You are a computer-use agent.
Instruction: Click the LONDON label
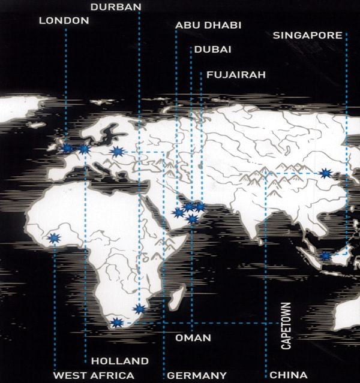coord(64,21)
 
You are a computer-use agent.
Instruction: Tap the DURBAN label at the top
coord(116,7)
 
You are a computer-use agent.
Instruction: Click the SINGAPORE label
coord(307,35)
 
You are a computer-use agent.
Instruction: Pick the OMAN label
coord(193,338)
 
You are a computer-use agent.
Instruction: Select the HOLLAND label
coord(119,361)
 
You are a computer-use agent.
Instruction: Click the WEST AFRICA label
coord(94,375)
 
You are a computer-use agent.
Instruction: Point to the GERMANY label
coord(197,375)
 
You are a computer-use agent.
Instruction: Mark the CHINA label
coord(288,375)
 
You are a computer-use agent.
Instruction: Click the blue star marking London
coord(67,148)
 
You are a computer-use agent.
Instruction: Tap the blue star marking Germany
coord(117,152)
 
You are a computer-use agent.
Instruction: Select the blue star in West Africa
coord(54,238)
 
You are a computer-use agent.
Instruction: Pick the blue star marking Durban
coord(139,309)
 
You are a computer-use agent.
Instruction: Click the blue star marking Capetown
coord(117,322)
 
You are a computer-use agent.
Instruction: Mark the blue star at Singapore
coord(325,255)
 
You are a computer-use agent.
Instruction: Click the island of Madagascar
coord(176,298)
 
